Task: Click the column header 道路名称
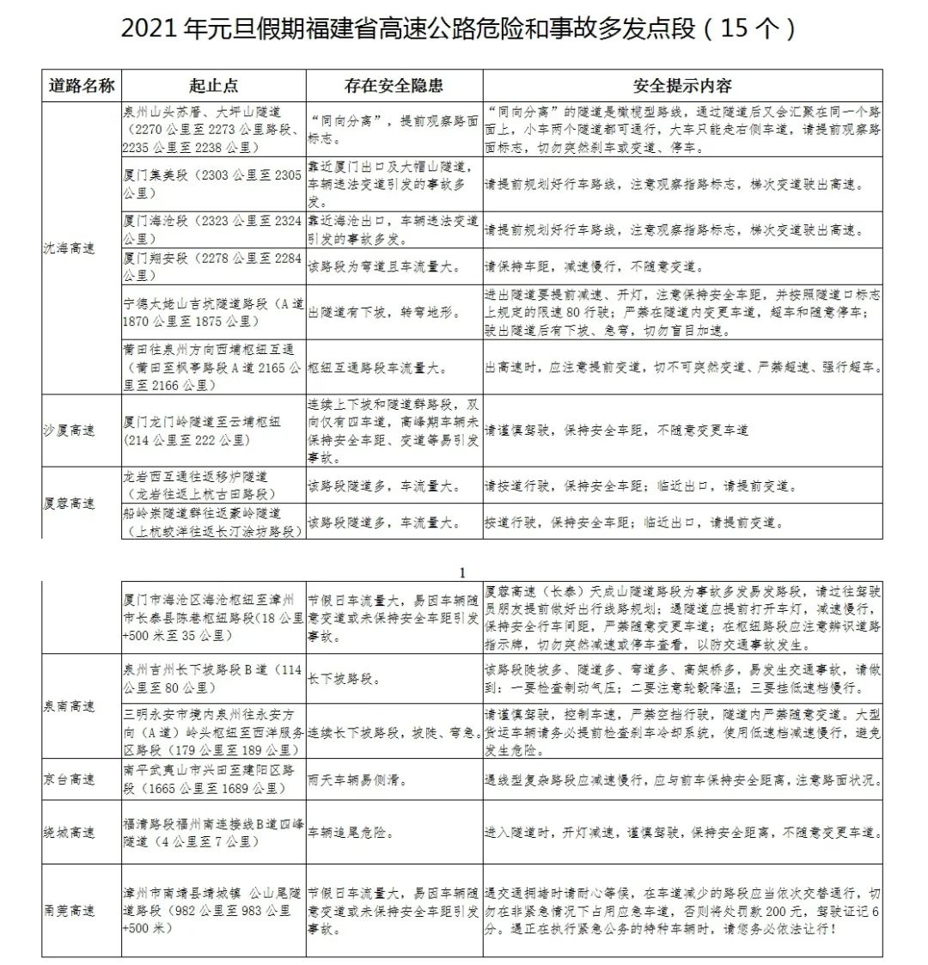point(82,85)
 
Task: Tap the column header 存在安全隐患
point(394,85)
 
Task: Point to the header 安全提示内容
point(682,85)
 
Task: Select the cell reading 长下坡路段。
point(341,679)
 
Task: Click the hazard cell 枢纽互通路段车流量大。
point(378,368)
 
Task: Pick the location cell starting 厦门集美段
point(212,184)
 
